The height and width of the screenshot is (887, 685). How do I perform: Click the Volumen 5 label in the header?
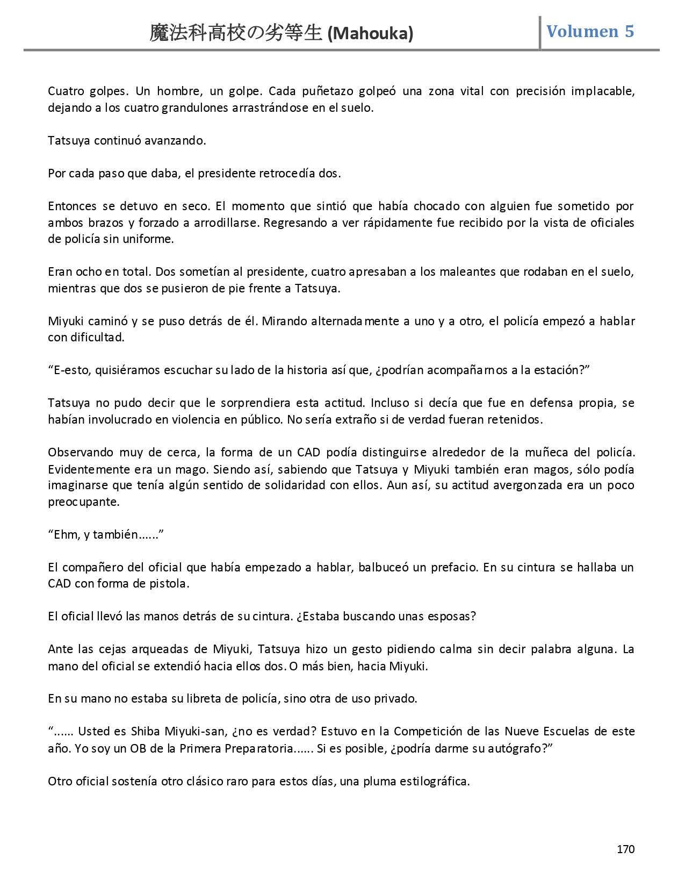click(590, 31)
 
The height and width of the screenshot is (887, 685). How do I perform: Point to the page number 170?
click(626, 849)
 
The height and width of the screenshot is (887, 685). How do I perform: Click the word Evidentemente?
click(85, 469)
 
